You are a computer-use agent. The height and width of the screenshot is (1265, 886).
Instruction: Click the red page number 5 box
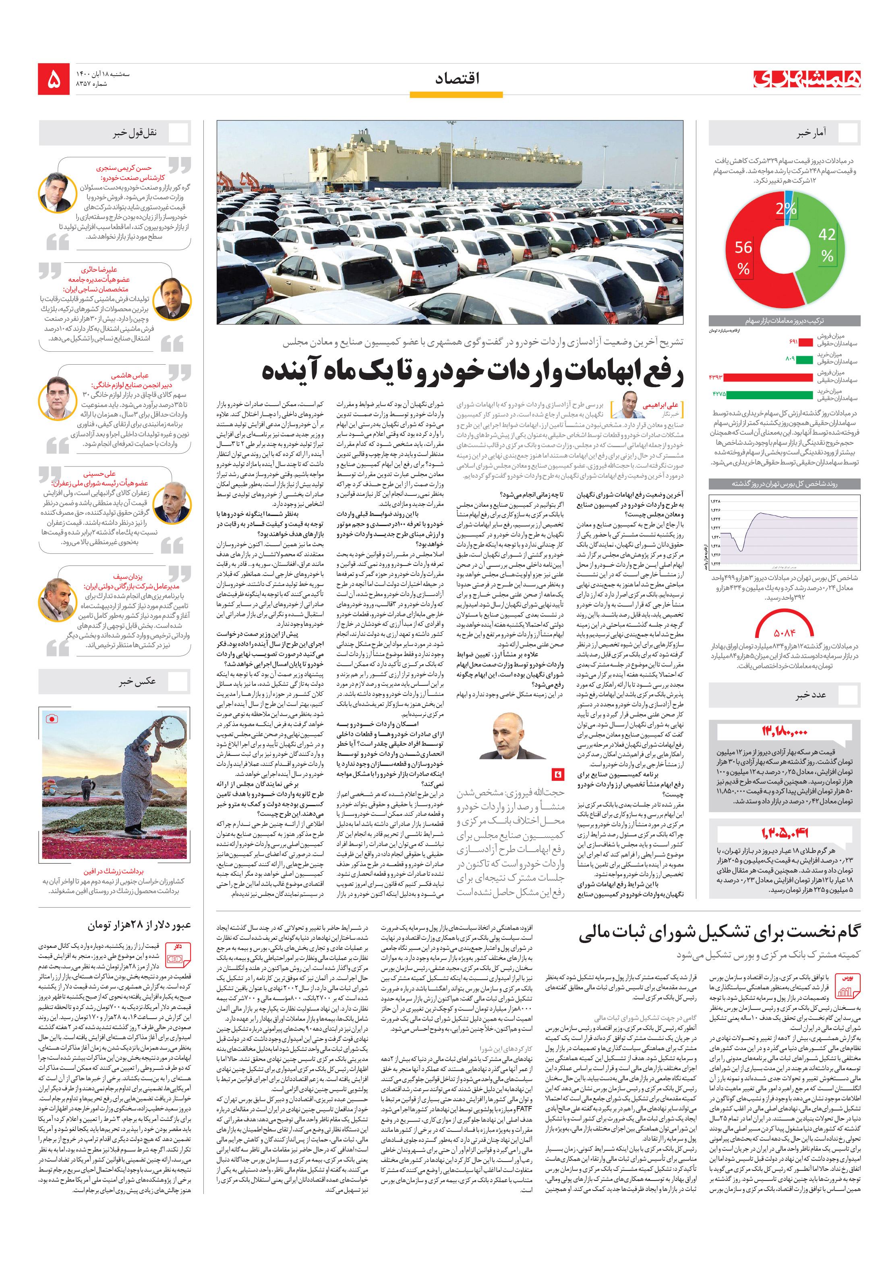coord(54,79)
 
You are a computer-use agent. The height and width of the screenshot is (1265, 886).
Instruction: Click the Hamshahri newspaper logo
coord(807,79)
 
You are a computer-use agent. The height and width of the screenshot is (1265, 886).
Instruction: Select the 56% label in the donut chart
coord(743,257)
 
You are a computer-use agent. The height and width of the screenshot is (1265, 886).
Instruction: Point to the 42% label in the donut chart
coord(826,244)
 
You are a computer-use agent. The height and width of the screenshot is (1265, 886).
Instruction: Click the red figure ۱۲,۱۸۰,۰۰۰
coord(784,732)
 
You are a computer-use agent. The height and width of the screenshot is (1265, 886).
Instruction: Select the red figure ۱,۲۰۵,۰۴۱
coord(784,833)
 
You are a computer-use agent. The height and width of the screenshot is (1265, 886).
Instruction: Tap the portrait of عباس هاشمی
coord(57,397)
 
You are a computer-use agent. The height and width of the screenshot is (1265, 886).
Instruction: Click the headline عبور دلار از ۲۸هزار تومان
coord(139,925)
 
